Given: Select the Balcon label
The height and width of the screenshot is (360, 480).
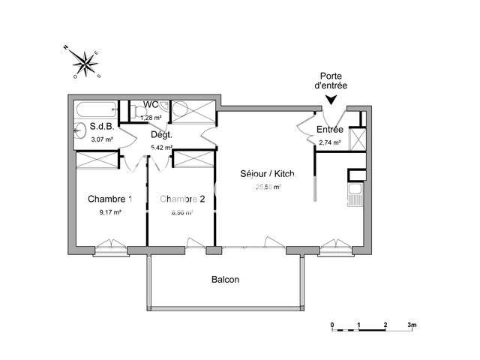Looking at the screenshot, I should (x=225, y=279).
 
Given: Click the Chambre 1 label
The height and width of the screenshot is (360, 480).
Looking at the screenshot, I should (x=110, y=199).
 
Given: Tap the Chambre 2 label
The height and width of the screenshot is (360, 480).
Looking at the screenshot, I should (x=182, y=199).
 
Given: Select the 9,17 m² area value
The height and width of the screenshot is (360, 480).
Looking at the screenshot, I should (x=109, y=212).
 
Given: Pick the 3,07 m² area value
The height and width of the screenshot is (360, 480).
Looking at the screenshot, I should (x=102, y=139).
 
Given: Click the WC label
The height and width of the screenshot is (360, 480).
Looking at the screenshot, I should (x=150, y=104).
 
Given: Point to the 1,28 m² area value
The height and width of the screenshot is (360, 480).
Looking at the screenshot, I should (x=151, y=118).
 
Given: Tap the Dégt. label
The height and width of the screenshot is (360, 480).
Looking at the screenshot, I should (x=161, y=135).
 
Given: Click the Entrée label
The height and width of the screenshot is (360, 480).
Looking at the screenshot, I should (x=330, y=129).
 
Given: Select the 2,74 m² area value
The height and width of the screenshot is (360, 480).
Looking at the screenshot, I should (x=330, y=142).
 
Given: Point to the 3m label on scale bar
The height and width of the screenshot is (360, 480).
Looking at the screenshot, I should (x=411, y=324).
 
